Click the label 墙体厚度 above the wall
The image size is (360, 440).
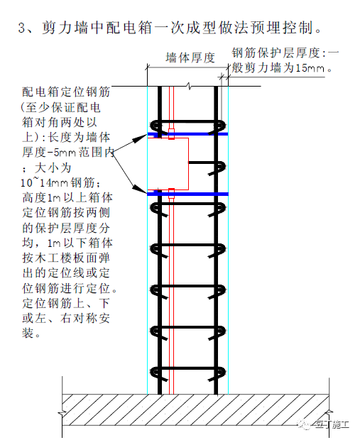(x=190, y=57)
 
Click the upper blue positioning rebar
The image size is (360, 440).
(x=187, y=134)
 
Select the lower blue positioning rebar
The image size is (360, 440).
(x=187, y=194)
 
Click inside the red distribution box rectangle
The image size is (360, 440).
(x=168, y=164)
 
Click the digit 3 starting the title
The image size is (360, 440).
(x=22, y=28)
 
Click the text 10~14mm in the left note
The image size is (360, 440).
(x=44, y=182)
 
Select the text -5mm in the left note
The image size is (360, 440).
(x=61, y=153)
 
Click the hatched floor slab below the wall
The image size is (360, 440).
(x=195, y=409)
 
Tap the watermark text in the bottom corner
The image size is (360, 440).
(x=332, y=424)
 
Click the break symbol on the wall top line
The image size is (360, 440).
(x=190, y=86)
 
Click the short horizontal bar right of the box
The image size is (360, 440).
(x=202, y=163)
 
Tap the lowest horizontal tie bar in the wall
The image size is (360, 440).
(x=187, y=368)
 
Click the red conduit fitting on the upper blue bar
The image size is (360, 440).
(x=171, y=134)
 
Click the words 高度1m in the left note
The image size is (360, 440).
(x=41, y=197)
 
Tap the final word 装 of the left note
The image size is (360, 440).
(x=28, y=333)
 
